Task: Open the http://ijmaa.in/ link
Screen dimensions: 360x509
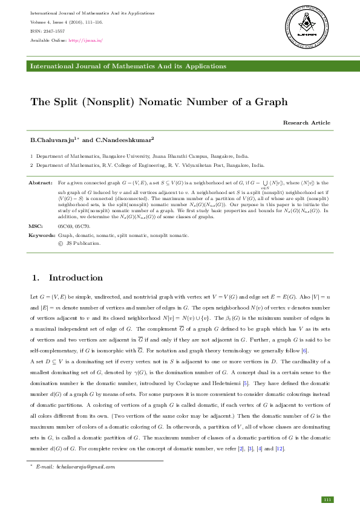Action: (86, 41)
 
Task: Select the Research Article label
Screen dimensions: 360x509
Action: (306, 123)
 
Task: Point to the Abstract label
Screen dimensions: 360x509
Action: (41, 182)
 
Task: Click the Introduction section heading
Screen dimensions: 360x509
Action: (76, 278)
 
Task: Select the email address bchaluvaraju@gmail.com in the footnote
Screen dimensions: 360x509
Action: (75, 467)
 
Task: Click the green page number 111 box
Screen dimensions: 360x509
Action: (327, 499)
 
